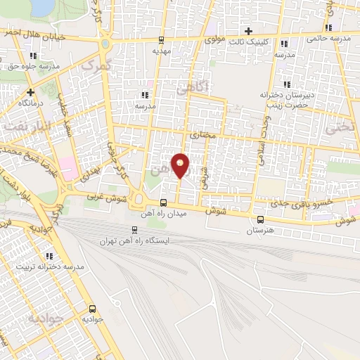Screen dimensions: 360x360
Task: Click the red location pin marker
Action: click(x=180, y=165)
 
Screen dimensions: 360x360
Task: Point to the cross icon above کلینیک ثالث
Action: click(x=247, y=30)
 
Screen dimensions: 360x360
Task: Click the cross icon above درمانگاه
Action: click(x=30, y=91)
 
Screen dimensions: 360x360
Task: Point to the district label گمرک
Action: click(x=96, y=64)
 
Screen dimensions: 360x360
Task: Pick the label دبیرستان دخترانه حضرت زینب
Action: click(x=285, y=98)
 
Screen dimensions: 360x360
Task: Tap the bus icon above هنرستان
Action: click(x=261, y=219)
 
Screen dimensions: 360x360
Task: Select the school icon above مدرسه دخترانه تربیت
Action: click(x=49, y=256)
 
